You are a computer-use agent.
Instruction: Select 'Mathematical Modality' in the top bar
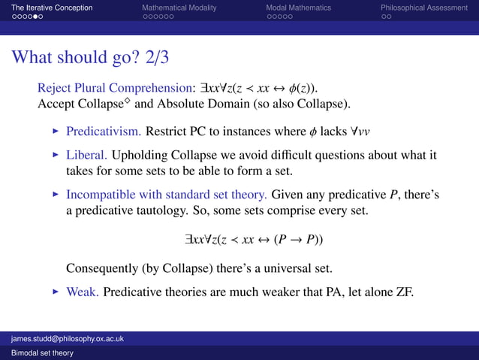179,8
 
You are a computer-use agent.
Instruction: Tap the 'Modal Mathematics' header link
298,8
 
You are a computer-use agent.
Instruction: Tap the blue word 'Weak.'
82,291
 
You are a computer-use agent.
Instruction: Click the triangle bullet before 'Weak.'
56,291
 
